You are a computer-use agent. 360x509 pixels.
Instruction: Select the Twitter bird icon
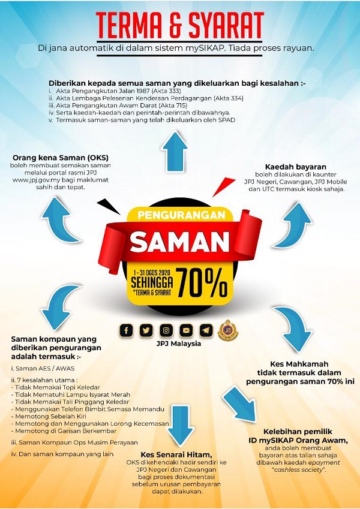(x=146, y=330)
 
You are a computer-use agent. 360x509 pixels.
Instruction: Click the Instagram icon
(x=166, y=330)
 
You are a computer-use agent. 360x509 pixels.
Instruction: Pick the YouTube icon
(x=186, y=330)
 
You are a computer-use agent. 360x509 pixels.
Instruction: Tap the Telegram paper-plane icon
(x=206, y=330)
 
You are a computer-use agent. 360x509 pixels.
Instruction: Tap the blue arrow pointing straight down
(x=180, y=424)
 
